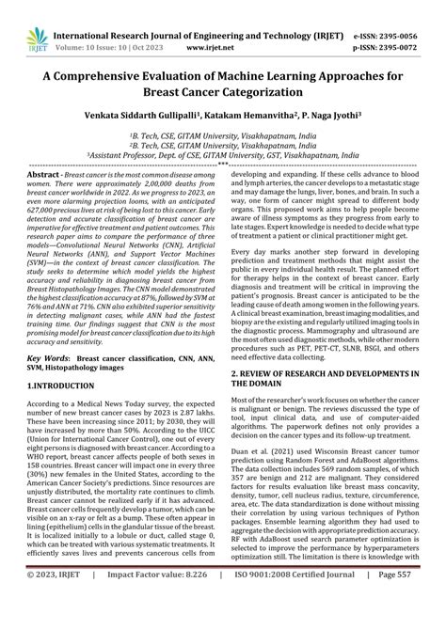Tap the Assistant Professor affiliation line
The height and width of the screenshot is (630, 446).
click(223, 156)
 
